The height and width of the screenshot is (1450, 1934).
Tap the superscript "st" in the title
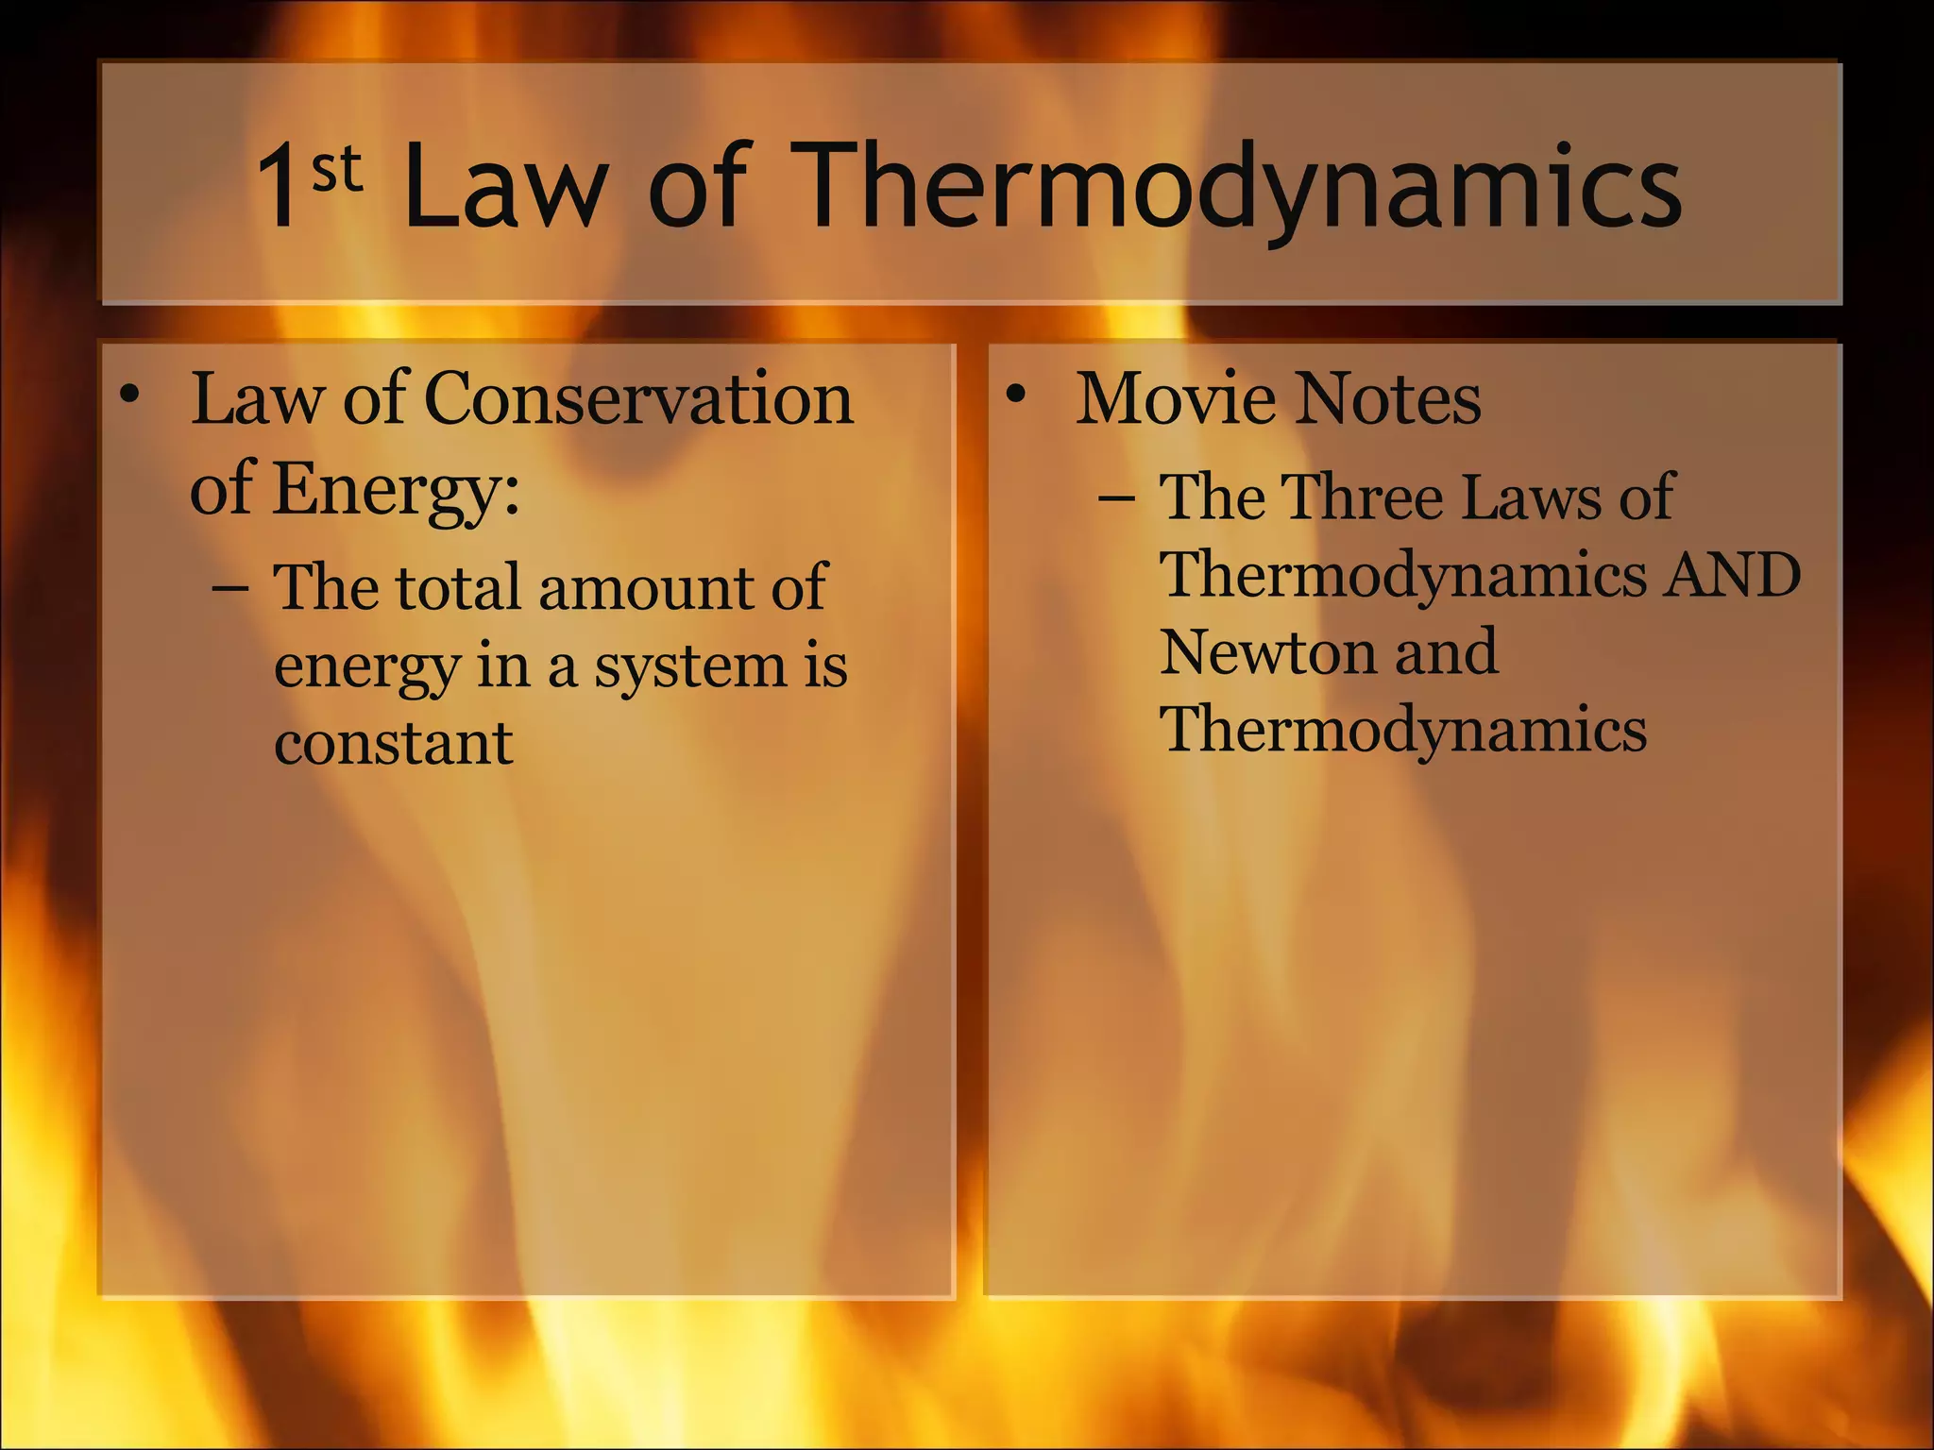[337, 169]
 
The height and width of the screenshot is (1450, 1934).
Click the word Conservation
[639, 398]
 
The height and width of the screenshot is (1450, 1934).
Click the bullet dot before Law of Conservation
[130, 396]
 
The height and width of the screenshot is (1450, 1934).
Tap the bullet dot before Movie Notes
[1015, 396]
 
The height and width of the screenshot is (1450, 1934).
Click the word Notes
[1387, 398]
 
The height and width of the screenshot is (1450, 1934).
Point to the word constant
[394, 743]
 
